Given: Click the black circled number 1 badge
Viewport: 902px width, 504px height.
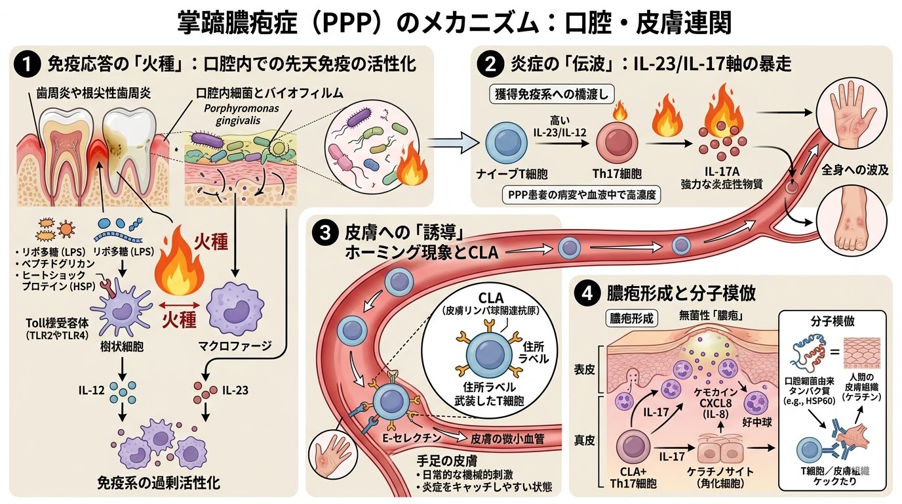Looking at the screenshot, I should coord(26,64).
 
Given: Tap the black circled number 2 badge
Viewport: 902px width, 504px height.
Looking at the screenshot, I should coord(490,64).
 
